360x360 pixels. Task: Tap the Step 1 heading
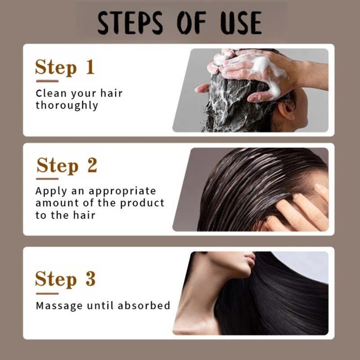click(x=65, y=67)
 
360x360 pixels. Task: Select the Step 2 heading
click(x=67, y=165)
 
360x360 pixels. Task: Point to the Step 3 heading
click(x=65, y=279)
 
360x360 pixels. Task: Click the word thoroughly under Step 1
click(x=67, y=106)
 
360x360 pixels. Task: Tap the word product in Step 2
click(x=143, y=203)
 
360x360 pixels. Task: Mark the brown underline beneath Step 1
click(x=47, y=81)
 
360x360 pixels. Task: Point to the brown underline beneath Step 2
click(x=47, y=179)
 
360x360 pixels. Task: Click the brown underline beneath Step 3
click(x=47, y=293)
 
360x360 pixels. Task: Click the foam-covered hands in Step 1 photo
click(x=252, y=72)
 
